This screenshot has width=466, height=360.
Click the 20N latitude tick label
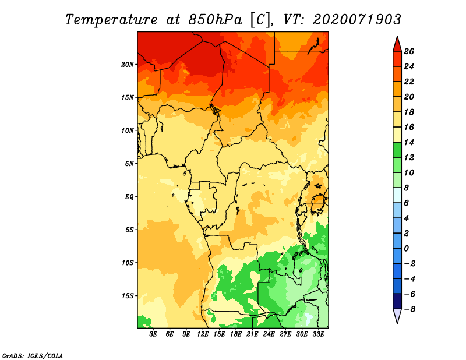point(128,65)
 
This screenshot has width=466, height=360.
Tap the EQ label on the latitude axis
point(129,197)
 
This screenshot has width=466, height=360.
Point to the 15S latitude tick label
point(128,296)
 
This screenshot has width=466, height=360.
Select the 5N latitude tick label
point(129,164)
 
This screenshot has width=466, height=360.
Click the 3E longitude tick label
point(153,334)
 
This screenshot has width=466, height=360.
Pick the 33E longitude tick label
point(318,334)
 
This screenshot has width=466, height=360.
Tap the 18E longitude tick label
point(236,334)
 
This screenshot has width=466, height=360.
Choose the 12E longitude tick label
point(203,334)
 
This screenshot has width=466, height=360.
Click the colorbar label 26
point(409,51)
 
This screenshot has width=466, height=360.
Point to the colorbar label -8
point(409,309)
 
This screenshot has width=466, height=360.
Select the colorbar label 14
point(409,142)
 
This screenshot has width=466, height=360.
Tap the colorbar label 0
point(406,249)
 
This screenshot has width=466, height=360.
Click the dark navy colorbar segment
point(397,301)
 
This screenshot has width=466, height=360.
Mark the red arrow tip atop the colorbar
point(397,36)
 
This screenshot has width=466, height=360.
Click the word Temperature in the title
point(111,20)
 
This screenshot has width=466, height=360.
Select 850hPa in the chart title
point(215,20)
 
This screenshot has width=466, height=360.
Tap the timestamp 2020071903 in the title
point(356,20)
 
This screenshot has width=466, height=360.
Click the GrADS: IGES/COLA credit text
point(33,356)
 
